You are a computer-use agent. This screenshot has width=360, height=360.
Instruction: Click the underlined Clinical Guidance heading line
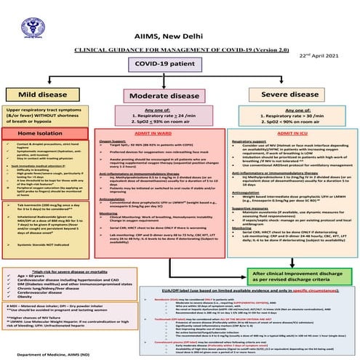tap(180, 28)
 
